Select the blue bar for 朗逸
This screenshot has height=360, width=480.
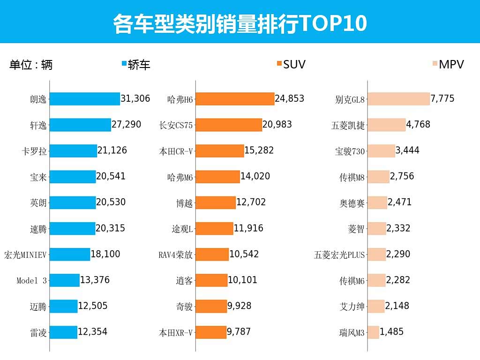[x=85, y=99]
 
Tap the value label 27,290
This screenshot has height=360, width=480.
[x=127, y=125]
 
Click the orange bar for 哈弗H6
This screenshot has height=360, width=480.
[x=235, y=99]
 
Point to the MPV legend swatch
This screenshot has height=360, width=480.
[x=435, y=64]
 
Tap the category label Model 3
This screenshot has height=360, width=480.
[x=32, y=281]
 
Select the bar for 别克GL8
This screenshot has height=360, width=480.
[x=398, y=99]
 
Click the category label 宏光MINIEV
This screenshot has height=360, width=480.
[x=25, y=255]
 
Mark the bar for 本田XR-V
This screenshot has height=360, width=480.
[x=211, y=332]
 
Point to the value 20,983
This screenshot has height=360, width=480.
[x=277, y=125]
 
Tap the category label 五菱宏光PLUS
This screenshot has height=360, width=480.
[x=339, y=255]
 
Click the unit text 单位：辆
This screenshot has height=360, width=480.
[x=31, y=65]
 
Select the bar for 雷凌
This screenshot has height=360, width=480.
[x=63, y=332]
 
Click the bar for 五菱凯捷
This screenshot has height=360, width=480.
[x=387, y=125]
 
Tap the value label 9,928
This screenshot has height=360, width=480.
[x=239, y=306]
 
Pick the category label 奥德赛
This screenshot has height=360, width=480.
[x=352, y=203]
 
